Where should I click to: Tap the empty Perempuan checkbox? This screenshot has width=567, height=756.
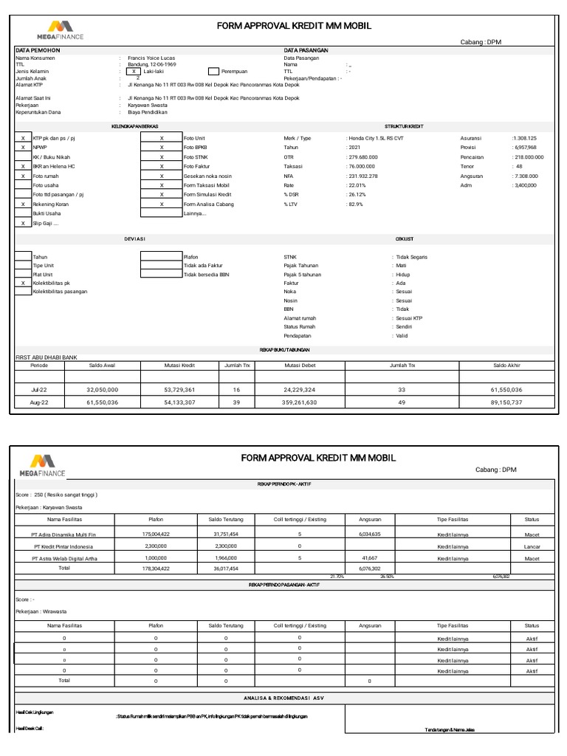[214, 71]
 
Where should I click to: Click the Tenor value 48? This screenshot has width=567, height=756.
[519, 167]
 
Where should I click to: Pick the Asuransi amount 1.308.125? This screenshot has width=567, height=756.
[525, 138]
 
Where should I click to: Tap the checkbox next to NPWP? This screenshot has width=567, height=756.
[23, 148]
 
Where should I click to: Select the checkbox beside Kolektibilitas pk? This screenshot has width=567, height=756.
[23, 283]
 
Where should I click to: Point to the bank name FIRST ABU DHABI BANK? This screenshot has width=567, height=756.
[47, 357]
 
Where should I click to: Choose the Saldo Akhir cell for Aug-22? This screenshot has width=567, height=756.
[506, 402]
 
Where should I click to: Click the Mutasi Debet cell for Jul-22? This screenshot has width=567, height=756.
[300, 388]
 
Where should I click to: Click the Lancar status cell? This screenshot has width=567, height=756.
[532, 546]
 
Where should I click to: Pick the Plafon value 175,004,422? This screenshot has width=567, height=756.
[156, 534]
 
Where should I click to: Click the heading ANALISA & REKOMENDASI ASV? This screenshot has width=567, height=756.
[283, 697]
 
